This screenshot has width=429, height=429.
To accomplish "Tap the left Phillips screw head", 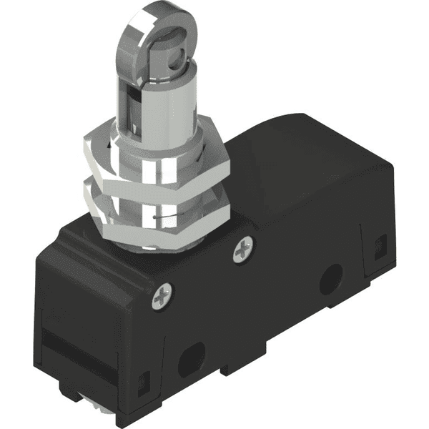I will coord(162,296).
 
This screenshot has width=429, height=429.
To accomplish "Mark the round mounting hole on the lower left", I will coord(191,358).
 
